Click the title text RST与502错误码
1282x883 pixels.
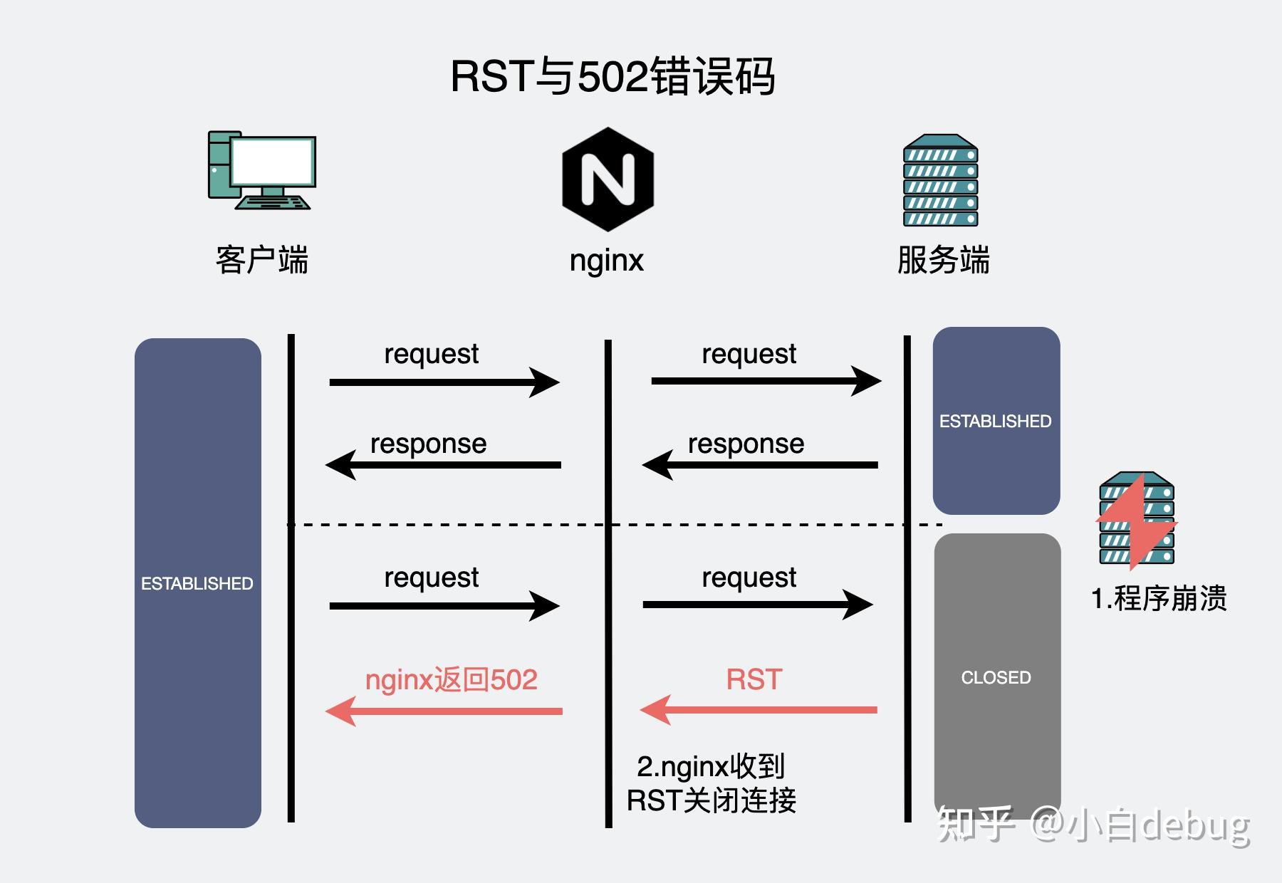(x=613, y=76)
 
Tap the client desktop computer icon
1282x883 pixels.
(x=262, y=170)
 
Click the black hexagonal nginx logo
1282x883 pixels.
(x=608, y=179)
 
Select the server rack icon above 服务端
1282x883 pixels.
(x=940, y=180)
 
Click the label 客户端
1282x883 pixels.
(x=262, y=260)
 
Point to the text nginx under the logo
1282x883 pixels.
(x=606, y=261)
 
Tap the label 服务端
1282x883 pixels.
(x=943, y=260)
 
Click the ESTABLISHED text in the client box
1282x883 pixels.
(x=197, y=584)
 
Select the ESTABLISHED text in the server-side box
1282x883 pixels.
(x=995, y=422)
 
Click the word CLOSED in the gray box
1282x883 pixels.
(x=996, y=677)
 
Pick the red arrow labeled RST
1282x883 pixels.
(x=759, y=710)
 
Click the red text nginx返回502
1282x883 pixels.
(x=451, y=679)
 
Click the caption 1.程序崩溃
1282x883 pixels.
(x=1159, y=598)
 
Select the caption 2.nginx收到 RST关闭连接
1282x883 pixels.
(x=711, y=783)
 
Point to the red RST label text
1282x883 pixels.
(x=754, y=679)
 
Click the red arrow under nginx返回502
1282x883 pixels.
(x=444, y=711)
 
